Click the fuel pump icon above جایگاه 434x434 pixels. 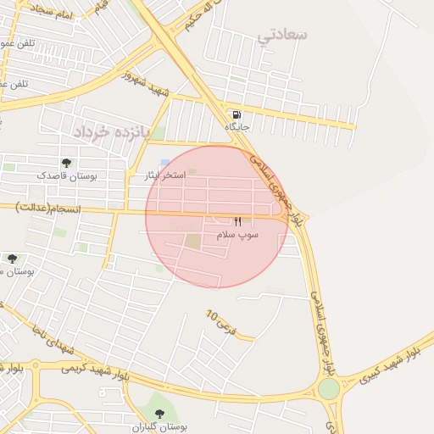(236, 114)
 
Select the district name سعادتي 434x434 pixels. (283, 35)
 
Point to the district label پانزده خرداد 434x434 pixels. (110, 133)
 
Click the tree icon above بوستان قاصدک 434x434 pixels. (66, 163)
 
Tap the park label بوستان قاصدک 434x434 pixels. (66, 175)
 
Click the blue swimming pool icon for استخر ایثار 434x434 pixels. (164, 164)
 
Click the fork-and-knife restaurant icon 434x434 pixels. (236, 221)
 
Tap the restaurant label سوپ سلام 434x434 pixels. (236, 233)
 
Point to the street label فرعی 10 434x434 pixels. (218, 320)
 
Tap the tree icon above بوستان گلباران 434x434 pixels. (159, 415)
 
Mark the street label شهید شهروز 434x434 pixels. (145, 84)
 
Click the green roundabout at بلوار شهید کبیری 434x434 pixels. (329, 389)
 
